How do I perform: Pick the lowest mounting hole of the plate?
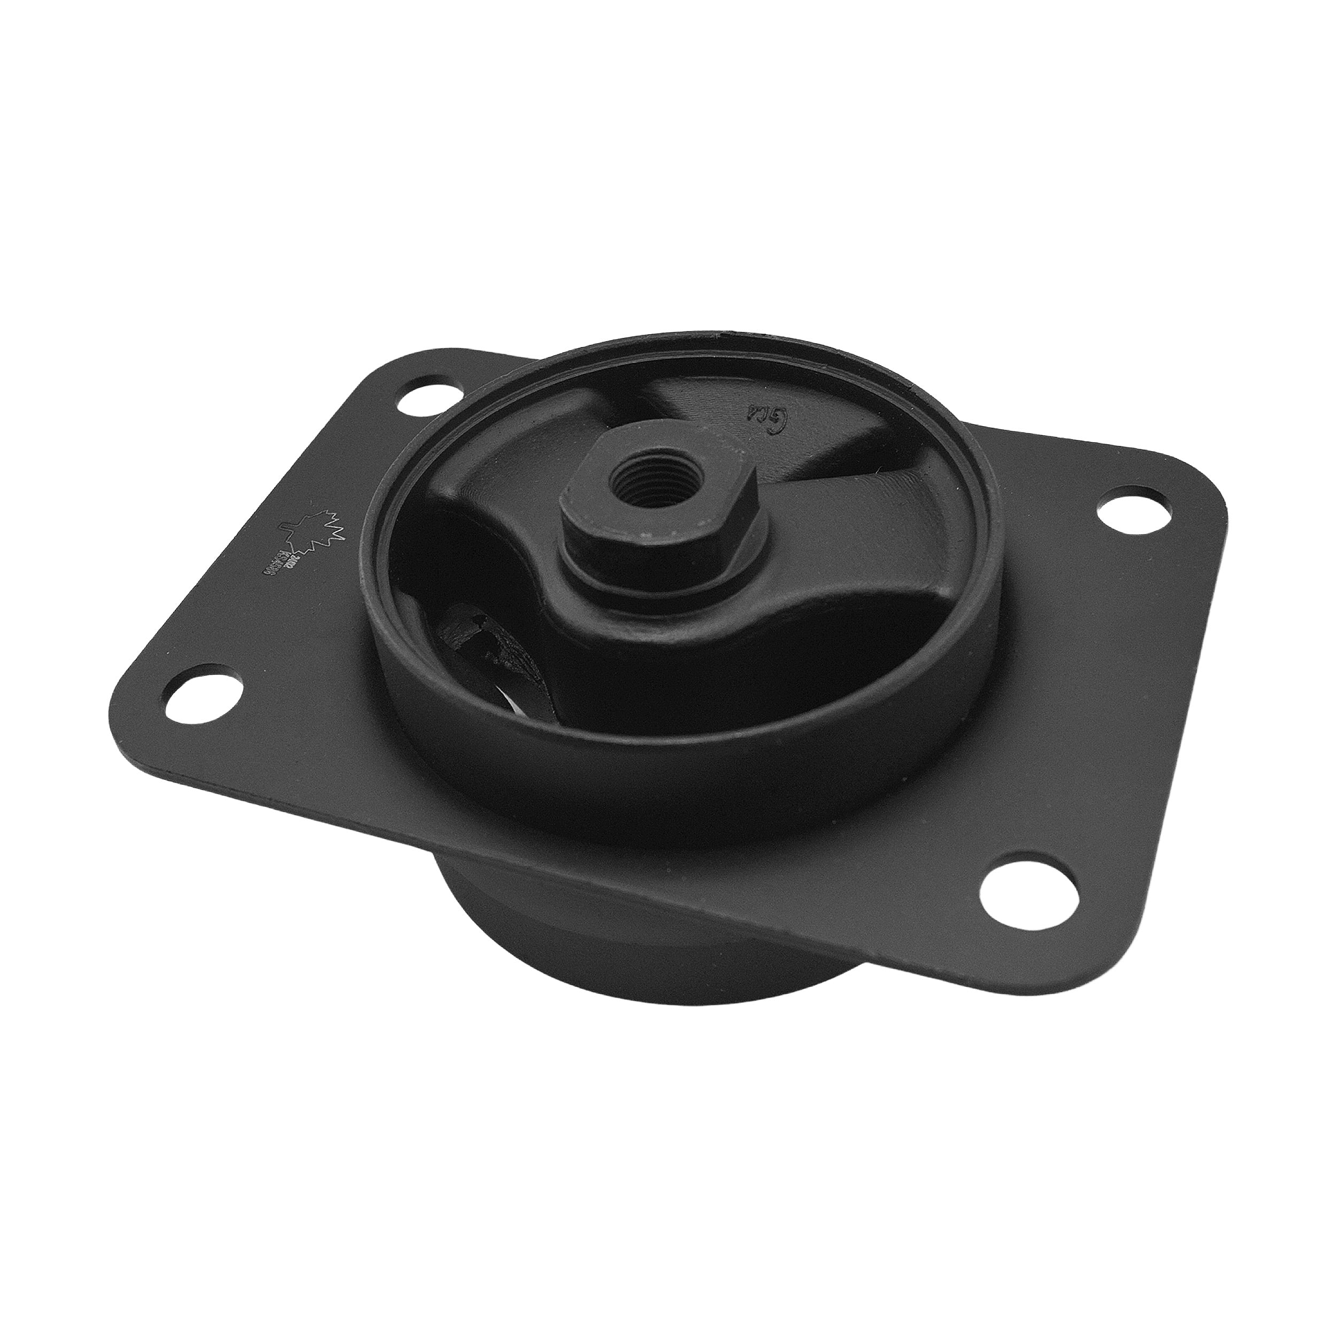coord(1008,888)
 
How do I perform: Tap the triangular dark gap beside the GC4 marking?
coord(858,443)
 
